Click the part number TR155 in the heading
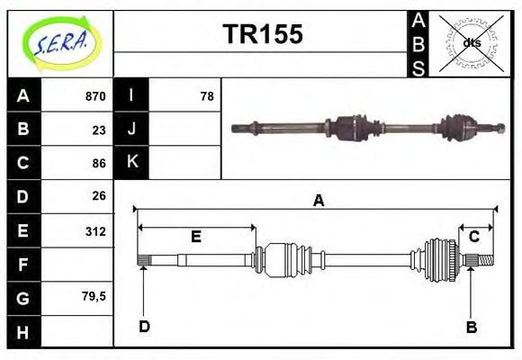tap(262, 34)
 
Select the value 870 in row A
tap(94, 96)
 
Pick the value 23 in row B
tap(98, 130)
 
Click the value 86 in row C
tap(98, 163)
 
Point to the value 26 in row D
tap(98, 196)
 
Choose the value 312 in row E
tap(94, 230)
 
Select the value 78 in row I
tap(207, 96)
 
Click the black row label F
tap(23, 265)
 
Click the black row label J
tap(131, 130)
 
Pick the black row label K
tap(131, 163)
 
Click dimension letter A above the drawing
tap(318, 201)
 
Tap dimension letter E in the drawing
tap(195, 237)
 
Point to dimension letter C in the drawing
tap(473, 236)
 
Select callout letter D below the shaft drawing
tap(144, 327)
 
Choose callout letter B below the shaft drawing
tap(471, 327)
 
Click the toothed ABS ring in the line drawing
tap(437, 261)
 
